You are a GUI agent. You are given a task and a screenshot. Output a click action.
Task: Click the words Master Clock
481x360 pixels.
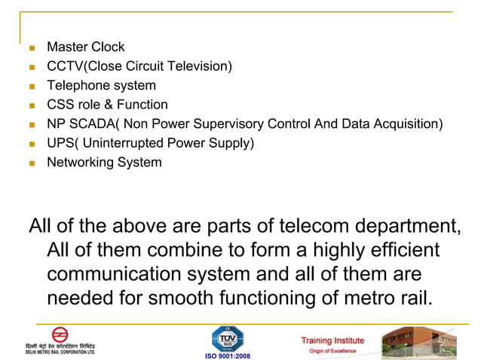click(x=85, y=47)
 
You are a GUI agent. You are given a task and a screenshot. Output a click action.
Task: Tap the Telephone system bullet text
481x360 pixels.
click(x=101, y=86)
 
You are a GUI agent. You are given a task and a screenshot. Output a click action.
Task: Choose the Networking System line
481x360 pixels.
click(x=104, y=162)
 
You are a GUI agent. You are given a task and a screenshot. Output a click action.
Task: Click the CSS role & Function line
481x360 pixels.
click(x=107, y=105)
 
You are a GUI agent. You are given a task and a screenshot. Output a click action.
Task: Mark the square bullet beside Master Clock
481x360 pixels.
click(x=32, y=48)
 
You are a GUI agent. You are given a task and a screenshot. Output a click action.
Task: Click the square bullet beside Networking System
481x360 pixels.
click(x=32, y=163)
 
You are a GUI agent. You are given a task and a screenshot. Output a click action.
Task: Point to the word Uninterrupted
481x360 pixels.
click(x=120, y=143)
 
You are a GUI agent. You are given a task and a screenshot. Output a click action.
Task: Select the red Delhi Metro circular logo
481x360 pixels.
click(x=59, y=334)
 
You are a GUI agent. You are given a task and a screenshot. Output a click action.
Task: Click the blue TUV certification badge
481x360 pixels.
click(x=227, y=337)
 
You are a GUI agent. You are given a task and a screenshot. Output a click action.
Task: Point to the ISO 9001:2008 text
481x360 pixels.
click(x=227, y=355)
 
